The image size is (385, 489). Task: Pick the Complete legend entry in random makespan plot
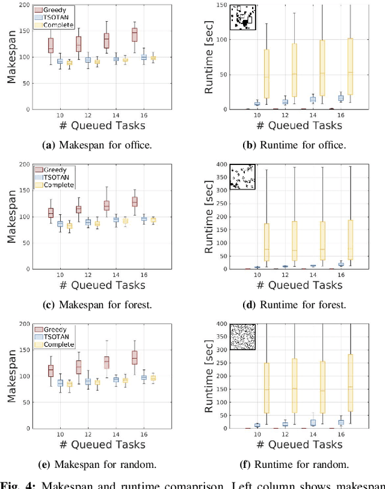(55, 344)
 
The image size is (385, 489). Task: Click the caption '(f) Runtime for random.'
(292, 464)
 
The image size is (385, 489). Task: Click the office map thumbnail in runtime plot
(243, 17)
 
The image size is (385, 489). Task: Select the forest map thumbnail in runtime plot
(243, 177)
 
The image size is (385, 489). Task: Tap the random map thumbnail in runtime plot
(243, 337)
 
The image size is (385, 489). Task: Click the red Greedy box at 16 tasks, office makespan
(135, 34)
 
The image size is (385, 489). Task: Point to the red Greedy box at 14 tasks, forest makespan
(106, 205)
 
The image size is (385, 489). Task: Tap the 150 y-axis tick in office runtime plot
(220, 5)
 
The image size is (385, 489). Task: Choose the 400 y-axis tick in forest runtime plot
(220, 164)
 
